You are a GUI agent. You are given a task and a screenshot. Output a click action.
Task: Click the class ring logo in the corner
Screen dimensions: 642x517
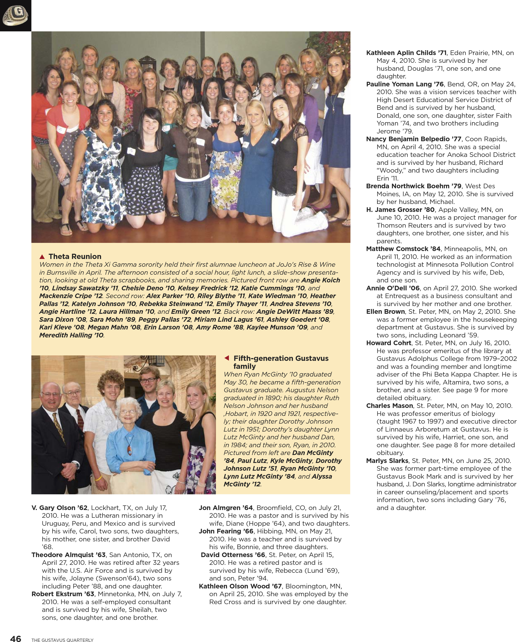pos(15,15)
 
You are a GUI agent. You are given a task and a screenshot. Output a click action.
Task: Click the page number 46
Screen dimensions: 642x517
pos(15,638)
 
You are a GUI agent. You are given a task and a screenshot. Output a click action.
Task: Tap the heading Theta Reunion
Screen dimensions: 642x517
pos(75,256)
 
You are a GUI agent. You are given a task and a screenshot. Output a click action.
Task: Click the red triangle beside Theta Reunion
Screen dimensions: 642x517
pos(42,257)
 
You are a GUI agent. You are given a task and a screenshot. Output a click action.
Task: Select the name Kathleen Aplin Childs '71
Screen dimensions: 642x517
pos(406,53)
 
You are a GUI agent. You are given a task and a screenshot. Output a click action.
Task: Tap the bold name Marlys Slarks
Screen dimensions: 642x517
pos(387,461)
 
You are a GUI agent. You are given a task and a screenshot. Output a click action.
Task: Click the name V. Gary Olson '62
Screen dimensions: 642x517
pos(60,508)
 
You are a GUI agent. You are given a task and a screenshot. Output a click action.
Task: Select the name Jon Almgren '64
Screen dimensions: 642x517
pos(226,508)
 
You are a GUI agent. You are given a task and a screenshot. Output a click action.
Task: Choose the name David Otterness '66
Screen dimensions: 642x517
pos(233,555)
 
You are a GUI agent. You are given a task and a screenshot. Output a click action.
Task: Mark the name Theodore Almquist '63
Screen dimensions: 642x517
pos(68,555)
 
